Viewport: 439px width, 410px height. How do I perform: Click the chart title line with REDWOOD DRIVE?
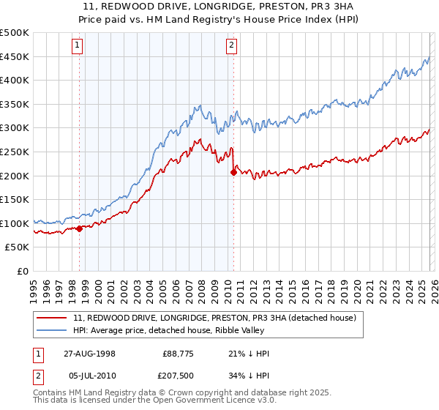point(219,7)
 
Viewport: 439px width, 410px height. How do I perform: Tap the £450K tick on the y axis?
point(15,56)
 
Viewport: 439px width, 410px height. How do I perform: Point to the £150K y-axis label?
point(15,199)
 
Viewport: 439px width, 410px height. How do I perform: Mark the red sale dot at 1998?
point(80,228)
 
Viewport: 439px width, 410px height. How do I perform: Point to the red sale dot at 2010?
point(233,172)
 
